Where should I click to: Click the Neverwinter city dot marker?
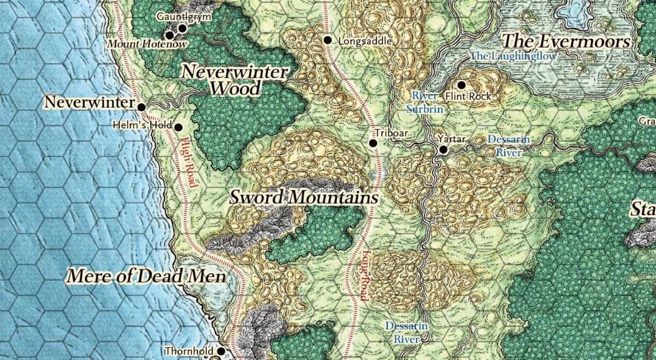(141, 107)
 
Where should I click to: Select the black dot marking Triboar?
(373, 143)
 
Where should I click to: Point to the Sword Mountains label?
(304, 197)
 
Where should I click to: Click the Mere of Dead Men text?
(146, 276)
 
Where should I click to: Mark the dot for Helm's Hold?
(178, 127)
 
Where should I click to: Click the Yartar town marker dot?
(443, 149)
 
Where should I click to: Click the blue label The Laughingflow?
(513, 56)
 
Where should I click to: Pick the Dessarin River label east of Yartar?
(508, 146)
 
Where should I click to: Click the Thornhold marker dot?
(221, 351)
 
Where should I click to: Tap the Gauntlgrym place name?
(184, 17)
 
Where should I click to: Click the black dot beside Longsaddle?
(327, 40)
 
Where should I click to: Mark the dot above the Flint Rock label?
(461, 85)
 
